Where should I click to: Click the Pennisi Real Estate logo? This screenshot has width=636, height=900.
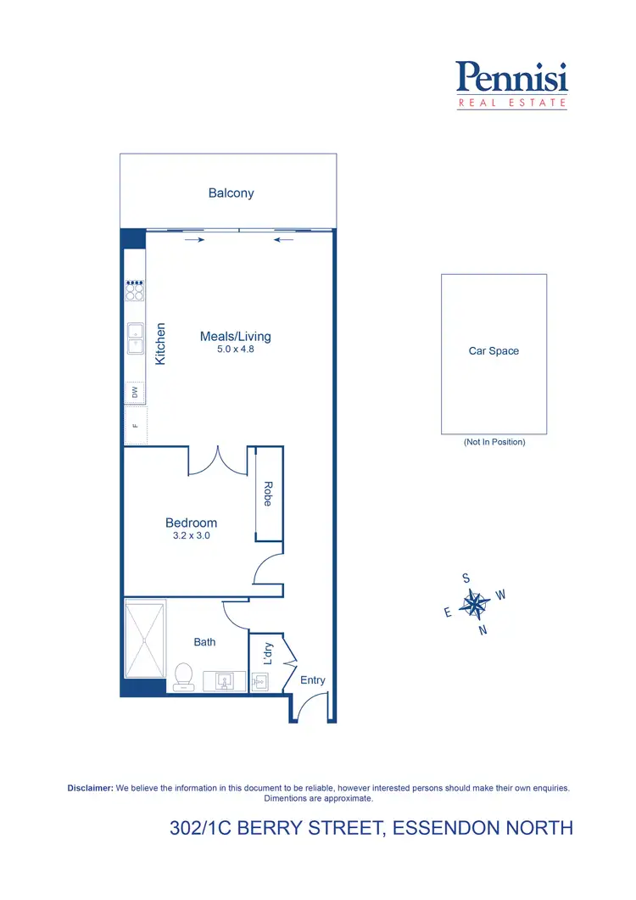point(511,84)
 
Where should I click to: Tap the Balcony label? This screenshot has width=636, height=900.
point(231,193)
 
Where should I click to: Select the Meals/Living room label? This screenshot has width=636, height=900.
point(235,337)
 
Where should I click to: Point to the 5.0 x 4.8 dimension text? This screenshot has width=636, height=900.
point(235,349)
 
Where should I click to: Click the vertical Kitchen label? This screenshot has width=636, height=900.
point(160,344)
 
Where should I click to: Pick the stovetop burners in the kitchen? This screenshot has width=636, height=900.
point(135,291)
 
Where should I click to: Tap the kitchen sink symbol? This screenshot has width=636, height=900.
point(135,338)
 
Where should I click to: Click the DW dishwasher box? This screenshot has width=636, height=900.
point(135,392)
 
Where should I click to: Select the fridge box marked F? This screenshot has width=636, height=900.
point(135,426)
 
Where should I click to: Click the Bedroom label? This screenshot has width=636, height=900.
point(191,523)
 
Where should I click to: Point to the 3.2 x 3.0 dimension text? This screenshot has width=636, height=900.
point(191,536)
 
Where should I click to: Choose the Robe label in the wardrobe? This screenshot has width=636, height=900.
point(267,495)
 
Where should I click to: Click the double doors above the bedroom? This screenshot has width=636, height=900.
point(217,462)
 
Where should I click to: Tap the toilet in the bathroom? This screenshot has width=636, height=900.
point(183,676)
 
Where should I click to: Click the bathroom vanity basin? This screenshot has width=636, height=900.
point(225,680)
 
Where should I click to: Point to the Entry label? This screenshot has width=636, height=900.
point(312,680)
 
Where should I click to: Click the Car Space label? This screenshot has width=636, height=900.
point(494,351)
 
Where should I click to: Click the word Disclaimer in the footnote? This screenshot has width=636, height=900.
point(90,788)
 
